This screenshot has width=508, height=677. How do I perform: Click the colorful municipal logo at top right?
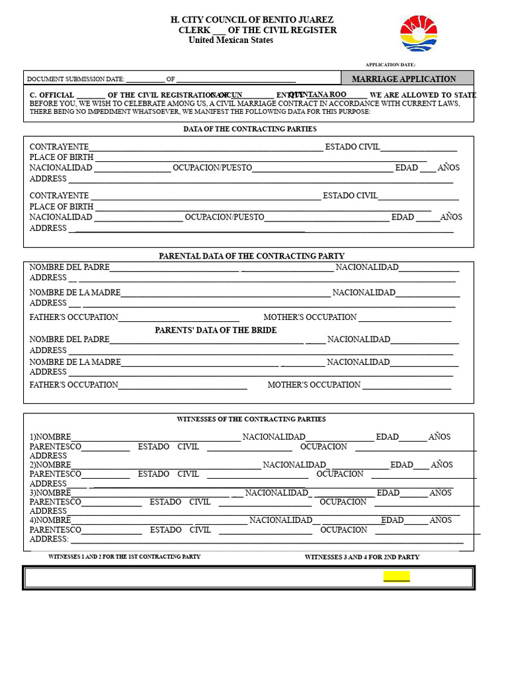pos(419,34)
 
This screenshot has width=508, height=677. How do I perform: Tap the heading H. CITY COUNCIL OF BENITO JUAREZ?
pos(252,20)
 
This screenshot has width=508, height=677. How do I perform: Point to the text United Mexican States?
pos(230,40)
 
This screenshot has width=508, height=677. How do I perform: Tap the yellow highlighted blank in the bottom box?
pos(396,577)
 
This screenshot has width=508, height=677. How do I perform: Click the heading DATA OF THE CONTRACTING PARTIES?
pos(249,129)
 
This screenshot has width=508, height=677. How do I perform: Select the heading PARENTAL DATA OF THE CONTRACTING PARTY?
pos(251,256)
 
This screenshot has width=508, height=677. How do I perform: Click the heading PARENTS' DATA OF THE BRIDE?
pos(216,330)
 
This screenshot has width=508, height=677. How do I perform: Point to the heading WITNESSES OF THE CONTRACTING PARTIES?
pos(251,419)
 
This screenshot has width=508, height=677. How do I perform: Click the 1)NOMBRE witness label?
pos(50,437)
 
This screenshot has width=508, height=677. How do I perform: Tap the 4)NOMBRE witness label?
pos(50,520)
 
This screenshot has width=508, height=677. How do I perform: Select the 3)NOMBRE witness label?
pos(50,493)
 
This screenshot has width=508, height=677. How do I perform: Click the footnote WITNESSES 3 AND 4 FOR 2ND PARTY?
pos(362,557)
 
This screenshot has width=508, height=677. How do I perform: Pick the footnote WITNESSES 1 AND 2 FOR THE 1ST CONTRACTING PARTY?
pos(124,557)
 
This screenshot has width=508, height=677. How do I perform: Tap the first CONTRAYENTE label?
pos(59,147)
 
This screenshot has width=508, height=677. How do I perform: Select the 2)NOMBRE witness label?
pos(50,465)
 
